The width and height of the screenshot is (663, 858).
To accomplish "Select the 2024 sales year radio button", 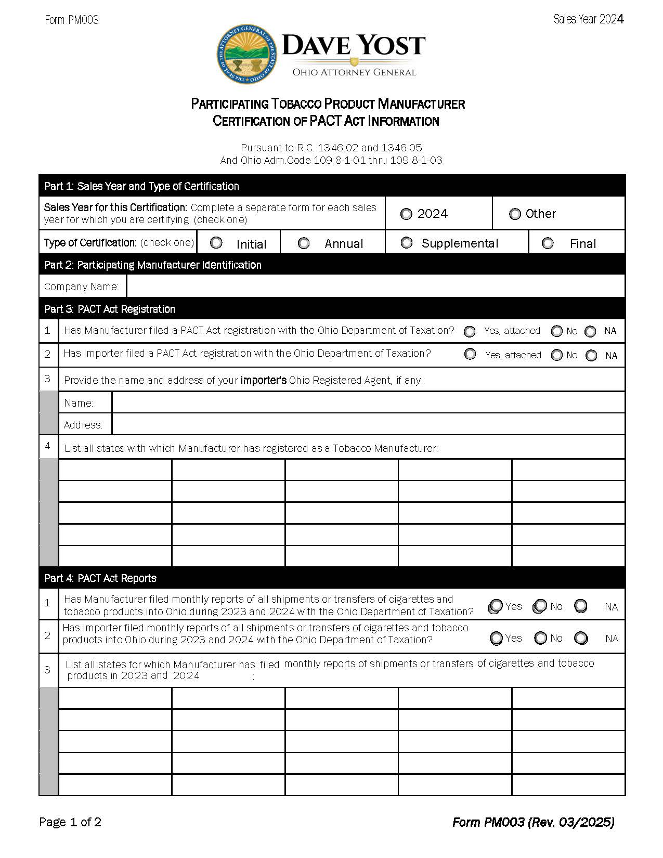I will pyautogui.click(x=406, y=214).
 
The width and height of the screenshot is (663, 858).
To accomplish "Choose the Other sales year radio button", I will pyautogui.click(x=515, y=214).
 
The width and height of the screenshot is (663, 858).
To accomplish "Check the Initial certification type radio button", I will pyautogui.click(x=216, y=243).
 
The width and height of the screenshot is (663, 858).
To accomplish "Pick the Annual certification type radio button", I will pyautogui.click(x=304, y=243).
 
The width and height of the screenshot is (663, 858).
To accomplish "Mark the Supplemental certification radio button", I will pyautogui.click(x=407, y=243).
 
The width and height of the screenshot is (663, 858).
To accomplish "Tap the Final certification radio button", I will pyautogui.click(x=548, y=243).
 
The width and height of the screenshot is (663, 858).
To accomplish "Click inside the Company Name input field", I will pyautogui.click(x=374, y=287).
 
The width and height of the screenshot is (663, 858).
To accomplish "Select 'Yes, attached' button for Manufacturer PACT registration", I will pyautogui.click(x=470, y=331).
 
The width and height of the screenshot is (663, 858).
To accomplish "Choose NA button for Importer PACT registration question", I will pyautogui.click(x=591, y=356).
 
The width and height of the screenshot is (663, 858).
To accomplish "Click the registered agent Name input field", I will pyautogui.click(x=368, y=402).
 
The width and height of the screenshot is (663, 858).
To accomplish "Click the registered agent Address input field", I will pyautogui.click(x=368, y=424).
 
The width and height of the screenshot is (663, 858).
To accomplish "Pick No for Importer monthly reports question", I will pyautogui.click(x=541, y=638).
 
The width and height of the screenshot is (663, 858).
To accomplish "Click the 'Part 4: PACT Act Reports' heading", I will pyautogui.click(x=100, y=578).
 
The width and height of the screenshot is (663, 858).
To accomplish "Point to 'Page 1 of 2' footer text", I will pyautogui.click(x=70, y=822).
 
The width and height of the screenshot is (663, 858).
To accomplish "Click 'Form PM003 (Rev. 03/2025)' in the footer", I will pyautogui.click(x=533, y=822).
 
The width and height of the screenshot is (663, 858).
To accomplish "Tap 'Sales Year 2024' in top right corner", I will pyautogui.click(x=588, y=19).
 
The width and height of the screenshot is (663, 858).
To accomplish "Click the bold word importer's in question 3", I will pyautogui.click(x=263, y=380).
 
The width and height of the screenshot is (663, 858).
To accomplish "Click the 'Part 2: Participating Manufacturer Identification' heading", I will pyautogui.click(x=153, y=265).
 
